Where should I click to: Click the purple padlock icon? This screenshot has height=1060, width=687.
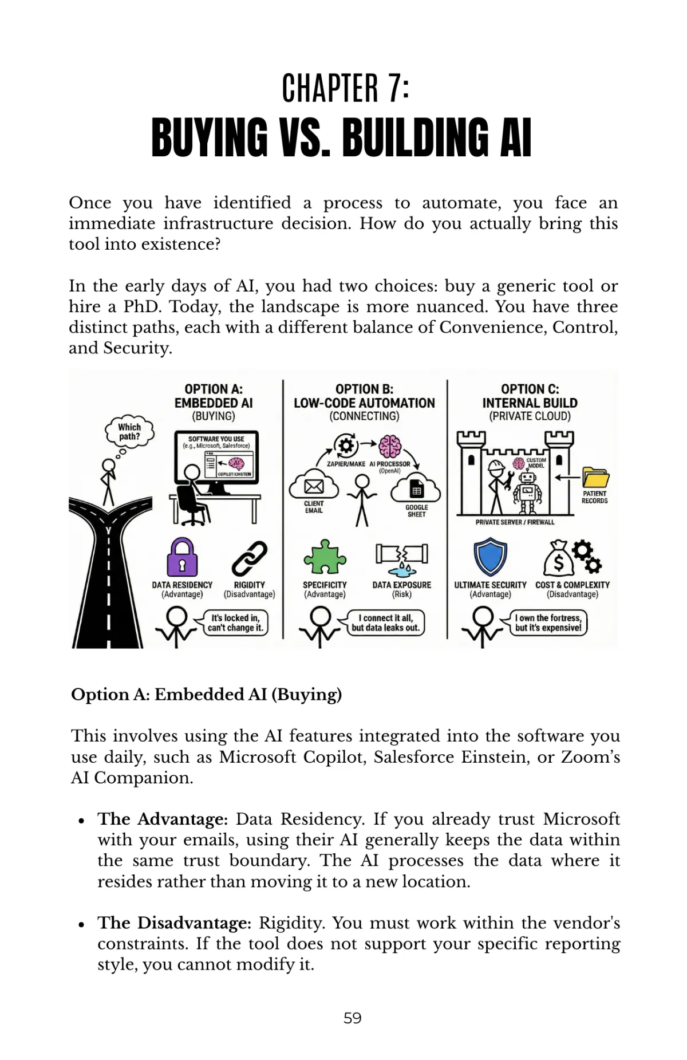tap(182, 557)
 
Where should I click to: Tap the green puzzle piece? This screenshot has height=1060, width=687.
tap(325, 557)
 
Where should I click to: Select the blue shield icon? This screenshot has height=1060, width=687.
tap(490, 556)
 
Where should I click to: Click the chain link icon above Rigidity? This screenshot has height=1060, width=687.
tap(250, 558)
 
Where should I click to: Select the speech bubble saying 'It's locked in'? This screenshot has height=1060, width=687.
tap(236, 623)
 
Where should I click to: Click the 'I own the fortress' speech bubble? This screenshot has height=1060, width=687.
tap(548, 623)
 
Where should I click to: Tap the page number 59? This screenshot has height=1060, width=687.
tap(352, 1018)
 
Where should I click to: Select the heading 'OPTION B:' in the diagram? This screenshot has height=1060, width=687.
tap(364, 389)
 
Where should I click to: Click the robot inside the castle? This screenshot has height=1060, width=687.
tap(527, 491)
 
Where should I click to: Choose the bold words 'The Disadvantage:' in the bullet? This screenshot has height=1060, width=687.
tap(174, 923)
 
